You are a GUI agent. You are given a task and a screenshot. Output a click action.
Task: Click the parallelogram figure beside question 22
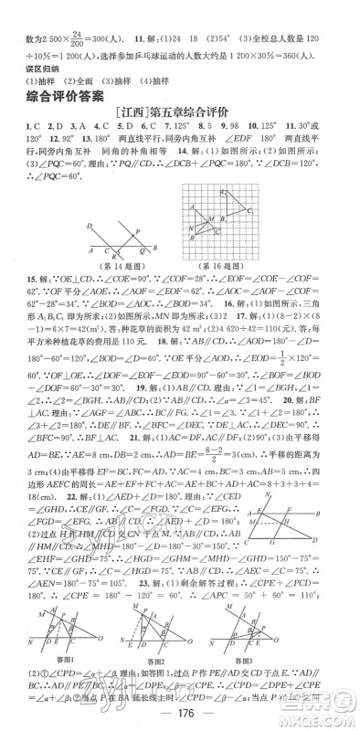click(x=297, y=522)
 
